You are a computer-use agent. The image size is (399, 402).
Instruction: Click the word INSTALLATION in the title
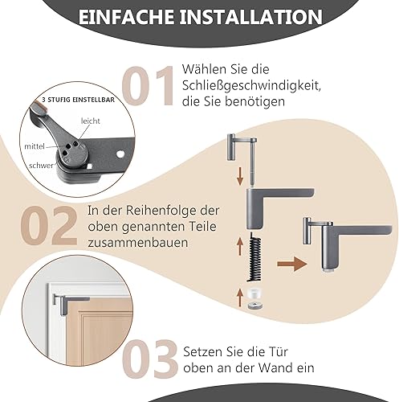(x=250, y=17)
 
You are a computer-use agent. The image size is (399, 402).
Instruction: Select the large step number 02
(x=49, y=226)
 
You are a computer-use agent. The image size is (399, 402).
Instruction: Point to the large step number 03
(x=150, y=359)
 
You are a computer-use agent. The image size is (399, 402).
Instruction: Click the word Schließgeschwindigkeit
(x=251, y=86)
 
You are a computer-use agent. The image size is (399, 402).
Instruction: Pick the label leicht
(x=91, y=121)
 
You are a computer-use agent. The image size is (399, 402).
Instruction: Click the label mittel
(x=35, y=146)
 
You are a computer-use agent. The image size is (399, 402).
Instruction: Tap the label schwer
(x=41, y=166)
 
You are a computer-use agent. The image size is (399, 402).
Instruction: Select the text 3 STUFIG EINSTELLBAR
(x=78, y=100)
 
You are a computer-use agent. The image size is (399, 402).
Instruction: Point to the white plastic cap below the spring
(x=253, y=293)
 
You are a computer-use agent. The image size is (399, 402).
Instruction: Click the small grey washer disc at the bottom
(x=254, y=306)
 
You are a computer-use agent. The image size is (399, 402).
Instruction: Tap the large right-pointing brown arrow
(x=291, y=264)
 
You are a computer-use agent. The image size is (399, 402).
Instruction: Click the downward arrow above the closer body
(x=240, y=176)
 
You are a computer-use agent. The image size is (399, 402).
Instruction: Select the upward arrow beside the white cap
(x=240, y=297)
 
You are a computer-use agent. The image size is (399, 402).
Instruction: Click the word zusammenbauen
(x=138, y=243)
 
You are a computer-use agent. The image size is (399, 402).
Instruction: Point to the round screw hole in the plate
(x=120, y=154)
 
